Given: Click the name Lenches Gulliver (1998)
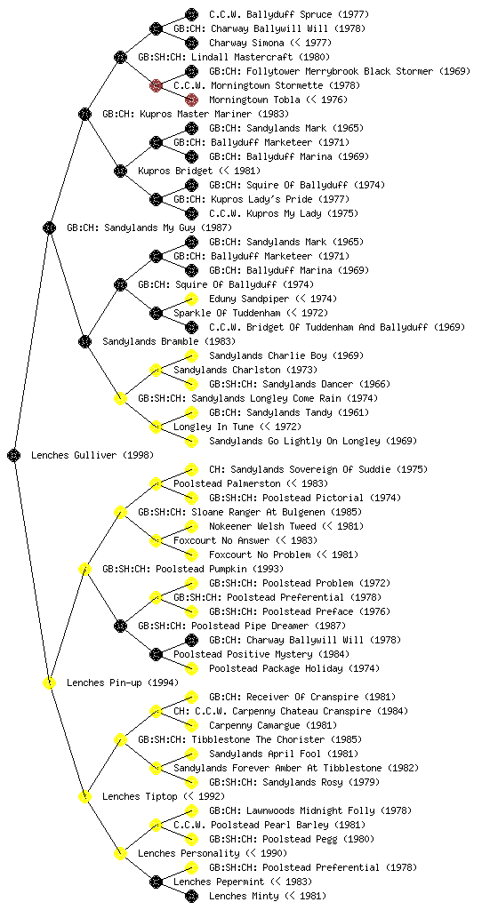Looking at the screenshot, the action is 92,456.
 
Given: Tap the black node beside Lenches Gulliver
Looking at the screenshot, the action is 14,456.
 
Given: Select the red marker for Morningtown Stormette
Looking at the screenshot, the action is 156,86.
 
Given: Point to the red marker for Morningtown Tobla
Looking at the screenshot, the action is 191,100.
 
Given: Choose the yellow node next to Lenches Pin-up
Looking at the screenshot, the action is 49,683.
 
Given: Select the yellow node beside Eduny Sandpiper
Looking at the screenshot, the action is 191,299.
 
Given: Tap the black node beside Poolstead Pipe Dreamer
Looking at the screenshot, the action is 120,627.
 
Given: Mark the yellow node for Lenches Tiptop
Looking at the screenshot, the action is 84,797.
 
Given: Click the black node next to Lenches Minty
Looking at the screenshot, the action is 191,896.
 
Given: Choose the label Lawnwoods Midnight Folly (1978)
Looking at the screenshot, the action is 310,810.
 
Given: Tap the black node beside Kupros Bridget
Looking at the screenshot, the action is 120,172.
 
